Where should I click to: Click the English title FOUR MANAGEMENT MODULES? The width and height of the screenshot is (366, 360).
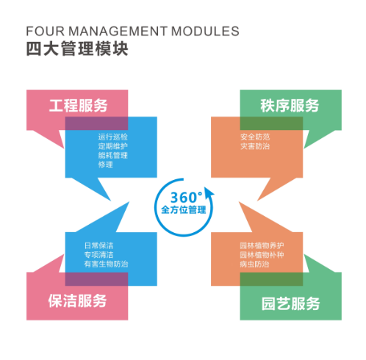coord(132,31)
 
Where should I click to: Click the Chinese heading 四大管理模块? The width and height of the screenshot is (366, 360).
coord(77,49)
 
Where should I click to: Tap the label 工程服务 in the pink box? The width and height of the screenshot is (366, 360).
coord(78,106)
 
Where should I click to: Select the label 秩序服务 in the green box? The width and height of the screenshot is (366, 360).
coord(290,106)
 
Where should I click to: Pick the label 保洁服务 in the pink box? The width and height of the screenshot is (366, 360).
coord(77,300)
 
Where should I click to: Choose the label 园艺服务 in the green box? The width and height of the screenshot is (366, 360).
coord(290,303)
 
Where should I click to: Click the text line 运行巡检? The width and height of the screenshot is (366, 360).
coord(112,137)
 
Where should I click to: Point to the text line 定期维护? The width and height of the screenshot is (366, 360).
coord(112,146)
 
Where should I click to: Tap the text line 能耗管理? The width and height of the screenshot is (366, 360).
coord(112,155)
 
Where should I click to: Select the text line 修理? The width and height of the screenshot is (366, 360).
coord(106,165)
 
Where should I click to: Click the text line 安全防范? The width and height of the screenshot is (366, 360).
coord(255,137)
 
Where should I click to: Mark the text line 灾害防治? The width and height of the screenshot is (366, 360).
coord(255,146)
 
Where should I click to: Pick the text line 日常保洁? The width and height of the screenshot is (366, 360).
coord(98,245)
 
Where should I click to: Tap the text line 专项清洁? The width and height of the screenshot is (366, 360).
coord(98,255)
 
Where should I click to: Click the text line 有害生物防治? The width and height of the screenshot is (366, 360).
coord(106,264)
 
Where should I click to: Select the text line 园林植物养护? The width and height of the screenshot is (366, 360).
coord(262,245)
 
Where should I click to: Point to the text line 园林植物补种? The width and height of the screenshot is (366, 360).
coord(262,255)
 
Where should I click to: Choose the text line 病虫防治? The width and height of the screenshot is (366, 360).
coord(254,264)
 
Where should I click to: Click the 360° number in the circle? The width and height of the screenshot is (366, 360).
coord(187,198)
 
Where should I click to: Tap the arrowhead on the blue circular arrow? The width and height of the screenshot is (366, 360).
coord(209,193)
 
